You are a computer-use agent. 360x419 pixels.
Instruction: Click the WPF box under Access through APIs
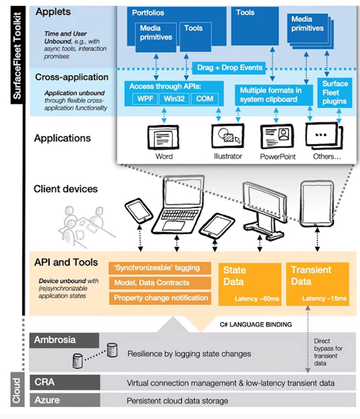pyautogui.click(x=145, y=99)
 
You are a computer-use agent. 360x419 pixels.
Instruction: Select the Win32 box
pyautogui.click(x=174, y=99)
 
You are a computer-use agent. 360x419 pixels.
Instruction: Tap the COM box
pyautogui.click(x=205, y=99)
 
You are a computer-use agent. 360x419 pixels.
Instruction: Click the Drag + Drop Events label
pyautogui.click(x=230, y=68)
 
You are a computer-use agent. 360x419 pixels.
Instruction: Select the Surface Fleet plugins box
pyautogui.click(x=334, y=93)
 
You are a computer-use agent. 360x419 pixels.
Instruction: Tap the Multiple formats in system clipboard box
pyautogui.click(x=271, y=95)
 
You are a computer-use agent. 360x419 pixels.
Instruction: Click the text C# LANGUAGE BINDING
pyautogui.click(x=256, y=325)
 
